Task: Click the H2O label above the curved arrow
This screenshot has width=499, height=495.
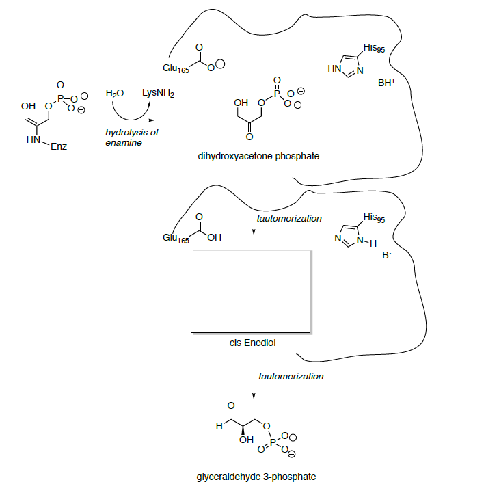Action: (x=114, y=94)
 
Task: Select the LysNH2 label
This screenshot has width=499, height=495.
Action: (x=158, y=92)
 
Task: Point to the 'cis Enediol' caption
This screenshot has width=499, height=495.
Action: (x=252, y=343)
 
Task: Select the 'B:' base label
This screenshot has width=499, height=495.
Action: (x=387, y=255)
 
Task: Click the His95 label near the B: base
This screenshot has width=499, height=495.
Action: (x=375, y=218)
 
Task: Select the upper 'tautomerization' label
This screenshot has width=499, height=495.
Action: (x=288, y=219)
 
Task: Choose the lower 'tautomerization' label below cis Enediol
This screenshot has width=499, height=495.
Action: (x=291, y=376)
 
